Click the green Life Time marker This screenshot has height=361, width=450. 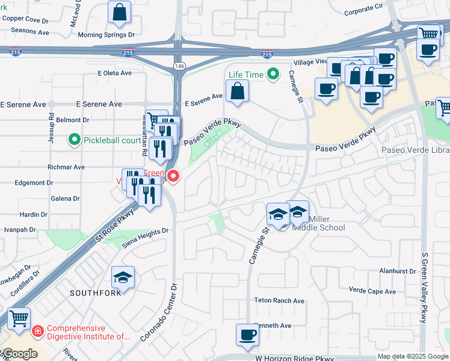[x=273, y=75]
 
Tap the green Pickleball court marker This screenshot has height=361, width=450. [x=75, y=140]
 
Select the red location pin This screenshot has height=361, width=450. [x=173, y=176]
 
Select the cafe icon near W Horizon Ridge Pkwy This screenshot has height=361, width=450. [x=247, y=335]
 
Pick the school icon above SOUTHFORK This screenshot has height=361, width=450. [x=123, y=277]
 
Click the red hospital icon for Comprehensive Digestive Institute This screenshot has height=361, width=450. [x=37, y=331]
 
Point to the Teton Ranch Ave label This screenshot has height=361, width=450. [x=280, y=301]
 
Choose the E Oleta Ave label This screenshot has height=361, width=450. [x=114, y=73]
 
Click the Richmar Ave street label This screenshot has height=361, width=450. [x=66, y=167]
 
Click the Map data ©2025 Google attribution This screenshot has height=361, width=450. [x=413, y=356]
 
